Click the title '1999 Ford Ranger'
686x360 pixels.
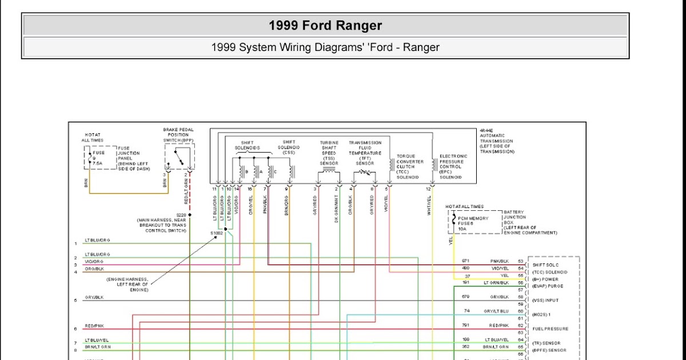pos(325,26)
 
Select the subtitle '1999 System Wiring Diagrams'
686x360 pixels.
pos(325,47)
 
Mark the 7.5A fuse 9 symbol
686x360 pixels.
pos(90,158)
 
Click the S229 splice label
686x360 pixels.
pos(181,215)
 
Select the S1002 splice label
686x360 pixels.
pos(217,234)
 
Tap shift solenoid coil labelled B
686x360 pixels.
pos(241,171)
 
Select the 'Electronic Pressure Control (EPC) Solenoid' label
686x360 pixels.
pos(453,166)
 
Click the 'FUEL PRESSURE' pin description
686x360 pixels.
pos(550,329)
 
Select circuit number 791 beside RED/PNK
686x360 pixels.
pos(466,325)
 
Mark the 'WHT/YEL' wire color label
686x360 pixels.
pos(430,206)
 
